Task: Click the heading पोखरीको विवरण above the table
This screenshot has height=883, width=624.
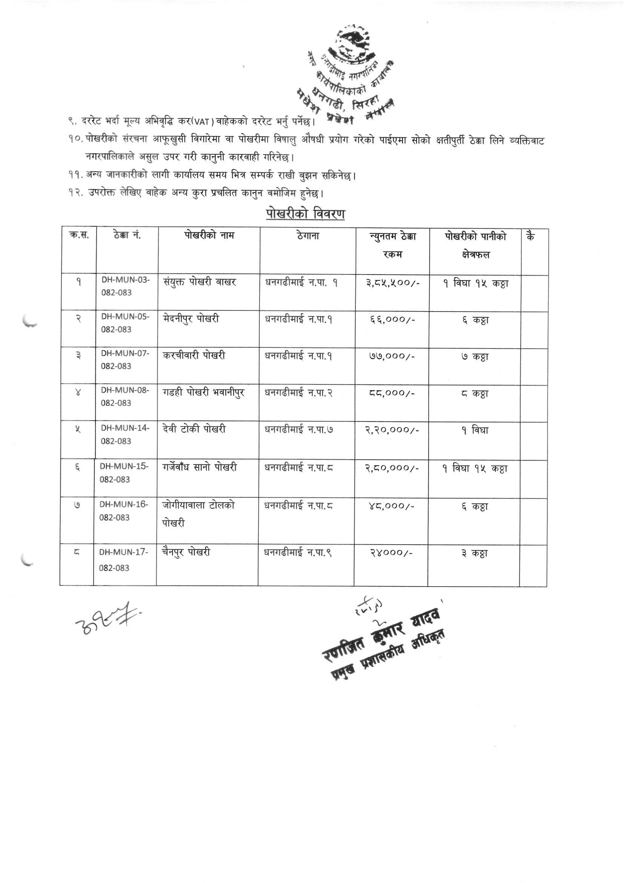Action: tap(305, 214)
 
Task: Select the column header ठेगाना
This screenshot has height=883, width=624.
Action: tap(308, 236)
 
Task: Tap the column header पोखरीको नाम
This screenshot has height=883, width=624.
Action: tap(209, 235)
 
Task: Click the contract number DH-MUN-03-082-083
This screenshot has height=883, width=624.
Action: tap(125, 286)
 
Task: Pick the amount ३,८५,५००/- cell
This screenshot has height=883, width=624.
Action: tap(392, 283)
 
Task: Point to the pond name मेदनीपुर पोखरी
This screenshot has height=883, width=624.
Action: tap(191, 319)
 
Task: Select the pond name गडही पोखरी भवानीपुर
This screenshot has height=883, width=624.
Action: tap(204, 393)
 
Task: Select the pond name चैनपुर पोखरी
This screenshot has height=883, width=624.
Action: tap(186, 552)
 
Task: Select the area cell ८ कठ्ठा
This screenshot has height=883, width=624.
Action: tap(475, 394)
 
